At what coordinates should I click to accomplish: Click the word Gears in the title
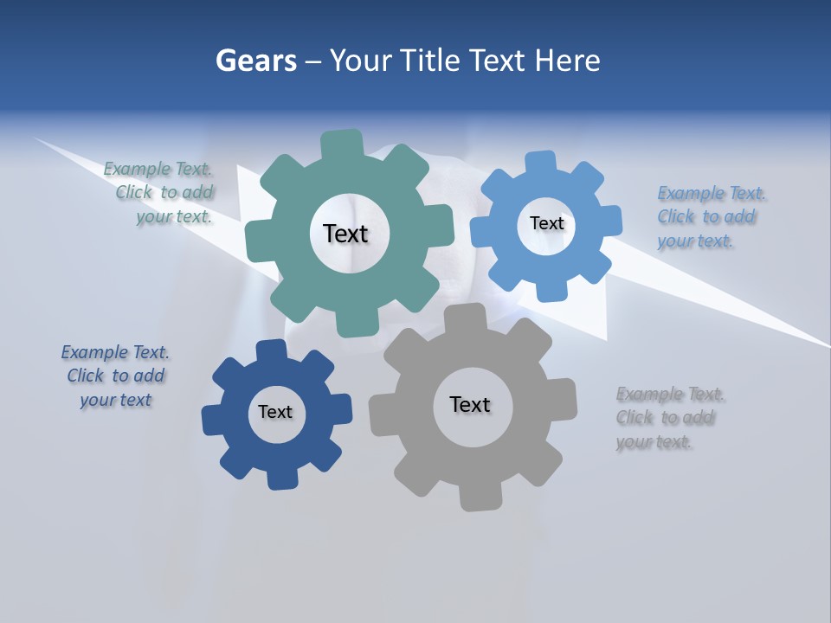click(x=255, y=61)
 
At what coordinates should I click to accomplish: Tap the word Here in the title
click(x=568, y=61)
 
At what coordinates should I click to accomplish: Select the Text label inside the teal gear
click(x=345, y=234)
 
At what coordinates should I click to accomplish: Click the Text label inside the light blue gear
click(x=546, y=223)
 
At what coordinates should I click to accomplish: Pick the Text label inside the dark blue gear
click(x=275, y=412)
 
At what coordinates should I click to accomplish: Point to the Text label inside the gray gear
click(x=470, y=404)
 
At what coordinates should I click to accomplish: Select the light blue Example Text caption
click(x=706, y=217)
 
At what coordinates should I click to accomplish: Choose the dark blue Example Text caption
click(x=115, y=376)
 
